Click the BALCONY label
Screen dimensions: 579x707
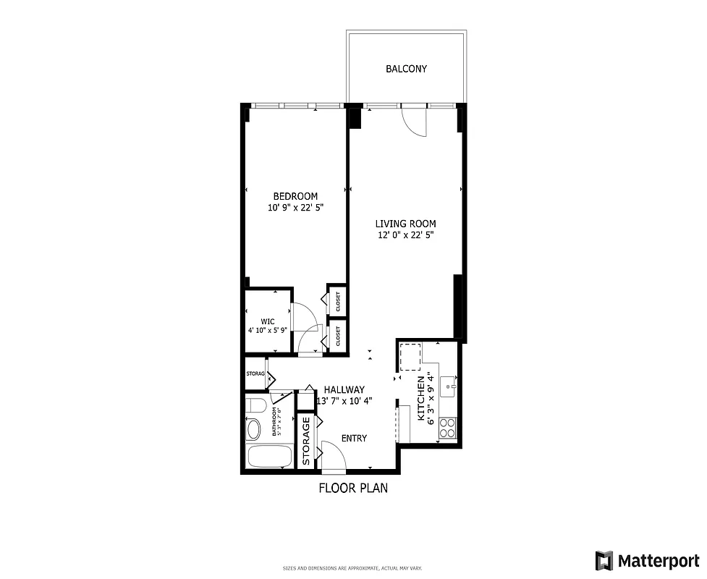406,69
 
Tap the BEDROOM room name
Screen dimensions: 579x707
295,196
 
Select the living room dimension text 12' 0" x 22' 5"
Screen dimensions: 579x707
405,234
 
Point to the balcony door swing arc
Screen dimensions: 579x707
415,122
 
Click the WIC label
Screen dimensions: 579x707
268,321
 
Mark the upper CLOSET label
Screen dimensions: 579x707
337,300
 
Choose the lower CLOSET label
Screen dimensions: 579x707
337,335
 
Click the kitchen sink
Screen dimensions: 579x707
449,384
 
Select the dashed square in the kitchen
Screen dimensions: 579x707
410,358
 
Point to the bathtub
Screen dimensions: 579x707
268,457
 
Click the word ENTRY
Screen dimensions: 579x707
354,439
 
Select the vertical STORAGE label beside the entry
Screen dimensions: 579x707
306,441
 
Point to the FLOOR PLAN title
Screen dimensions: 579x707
353,488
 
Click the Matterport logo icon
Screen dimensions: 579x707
604,560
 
